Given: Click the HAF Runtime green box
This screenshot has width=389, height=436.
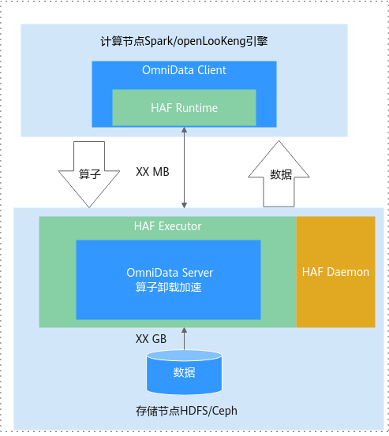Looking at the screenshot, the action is pyautogui.click(x=184, y=107).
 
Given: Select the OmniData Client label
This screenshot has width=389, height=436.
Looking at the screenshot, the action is pyautogui.click(x=184, y=70).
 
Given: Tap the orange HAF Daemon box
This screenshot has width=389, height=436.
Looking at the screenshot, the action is pyautogui.click(x=335, y=272).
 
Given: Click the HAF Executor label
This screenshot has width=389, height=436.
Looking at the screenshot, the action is pyautogui.click(x=167, y=226).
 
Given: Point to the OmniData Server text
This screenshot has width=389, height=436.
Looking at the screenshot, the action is pyautogui.click(x=170, y=273).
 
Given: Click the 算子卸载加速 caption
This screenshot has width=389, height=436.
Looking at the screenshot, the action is pyautogui.click(x=168, y=287).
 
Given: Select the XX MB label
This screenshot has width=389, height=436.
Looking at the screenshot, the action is pyautogui.click(x=152, y=172).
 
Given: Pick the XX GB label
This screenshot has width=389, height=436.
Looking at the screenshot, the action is pyautogui.click(x=151, y=339).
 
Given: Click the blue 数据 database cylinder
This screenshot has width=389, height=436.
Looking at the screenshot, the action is pyautogui.click(x=184, y=372).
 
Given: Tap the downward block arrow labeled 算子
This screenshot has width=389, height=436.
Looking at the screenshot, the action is pyautogui.click(x=89, y=174).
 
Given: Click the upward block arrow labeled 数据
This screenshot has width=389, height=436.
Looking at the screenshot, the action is pyautogui.click(x=279, y=173).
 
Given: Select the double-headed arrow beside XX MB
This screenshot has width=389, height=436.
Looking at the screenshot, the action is pyautogui.click(x=184, y=168).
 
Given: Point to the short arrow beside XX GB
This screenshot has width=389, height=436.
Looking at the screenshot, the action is pyautogui.click(x=184, y=339).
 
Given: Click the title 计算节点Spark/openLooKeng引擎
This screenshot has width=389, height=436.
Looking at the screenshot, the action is pyautogui.click(x=184, y=42).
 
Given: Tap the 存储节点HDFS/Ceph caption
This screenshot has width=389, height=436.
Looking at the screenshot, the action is pyautogui.click(x=186, y=411).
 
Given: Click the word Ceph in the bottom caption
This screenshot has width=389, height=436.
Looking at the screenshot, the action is pyautogui.click(x=225, y=412).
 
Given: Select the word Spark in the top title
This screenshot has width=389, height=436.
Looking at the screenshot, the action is pyautogui.click(x=159, y=42).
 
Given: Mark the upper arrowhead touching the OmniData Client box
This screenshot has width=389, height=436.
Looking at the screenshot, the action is pyautogui.click(x=184, y=130).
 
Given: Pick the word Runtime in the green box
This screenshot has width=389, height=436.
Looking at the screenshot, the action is pyautogui.click(x=196, y=108).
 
